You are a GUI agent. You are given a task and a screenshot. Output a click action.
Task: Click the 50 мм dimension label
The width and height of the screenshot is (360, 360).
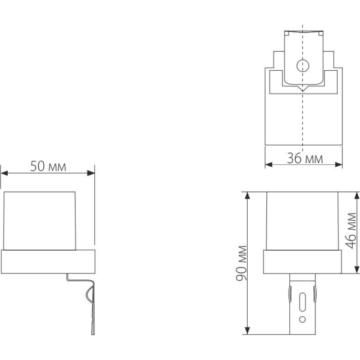point(48,166)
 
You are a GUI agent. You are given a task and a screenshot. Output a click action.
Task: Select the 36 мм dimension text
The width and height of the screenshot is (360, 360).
point(304,158)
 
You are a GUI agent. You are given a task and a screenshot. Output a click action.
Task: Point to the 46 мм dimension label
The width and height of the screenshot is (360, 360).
point(352,232)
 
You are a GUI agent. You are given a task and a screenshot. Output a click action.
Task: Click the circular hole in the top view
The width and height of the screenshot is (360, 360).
point(303,66)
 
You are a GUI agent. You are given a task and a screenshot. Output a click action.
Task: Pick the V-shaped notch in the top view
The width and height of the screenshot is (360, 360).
point(303,89)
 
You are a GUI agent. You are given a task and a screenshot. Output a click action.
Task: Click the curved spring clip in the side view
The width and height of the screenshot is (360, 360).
point(90,293)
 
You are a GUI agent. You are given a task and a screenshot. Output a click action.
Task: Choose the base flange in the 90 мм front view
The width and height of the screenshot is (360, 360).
point(304,262)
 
